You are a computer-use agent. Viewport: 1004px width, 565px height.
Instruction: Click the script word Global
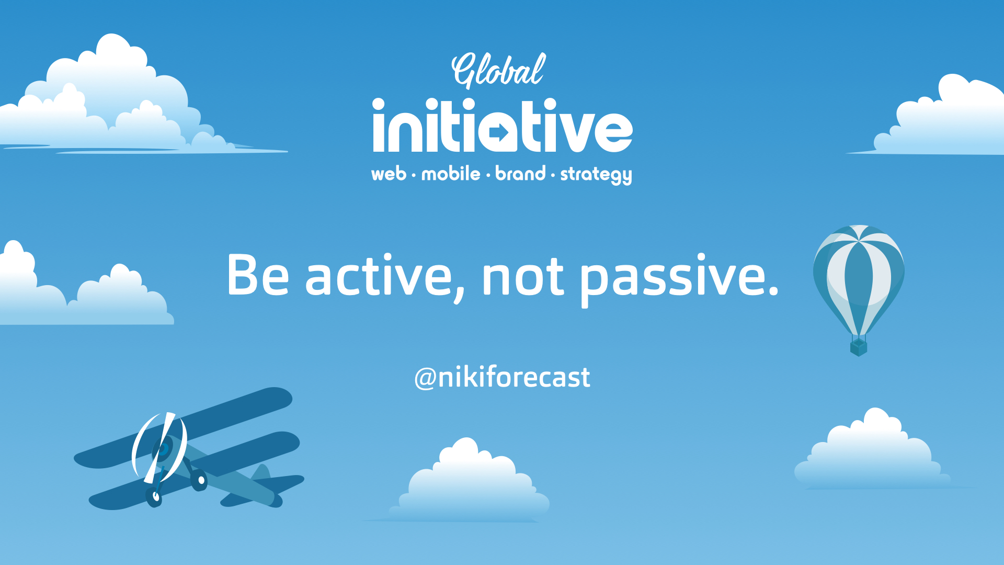tap(498, 70)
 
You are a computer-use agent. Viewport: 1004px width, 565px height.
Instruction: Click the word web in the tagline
tap(389, 174)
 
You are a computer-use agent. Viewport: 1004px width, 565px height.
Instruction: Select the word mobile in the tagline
tap(451, 173)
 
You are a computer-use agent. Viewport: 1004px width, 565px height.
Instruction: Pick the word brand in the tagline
tap(520, 173)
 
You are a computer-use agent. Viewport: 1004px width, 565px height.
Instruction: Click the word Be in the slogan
tap(258, 275)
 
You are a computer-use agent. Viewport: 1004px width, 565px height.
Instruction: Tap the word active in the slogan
tap(379, 275)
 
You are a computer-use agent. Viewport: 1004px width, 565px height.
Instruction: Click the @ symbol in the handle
tap(425, 378)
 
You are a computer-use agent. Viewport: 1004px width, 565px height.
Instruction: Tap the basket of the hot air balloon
tap(859, 347)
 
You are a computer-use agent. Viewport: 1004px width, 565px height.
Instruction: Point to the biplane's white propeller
tap(159, 448)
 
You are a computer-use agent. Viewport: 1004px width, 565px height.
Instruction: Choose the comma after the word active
tap(459, 296)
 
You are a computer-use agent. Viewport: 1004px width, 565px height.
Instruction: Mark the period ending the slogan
tap(774, 290)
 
